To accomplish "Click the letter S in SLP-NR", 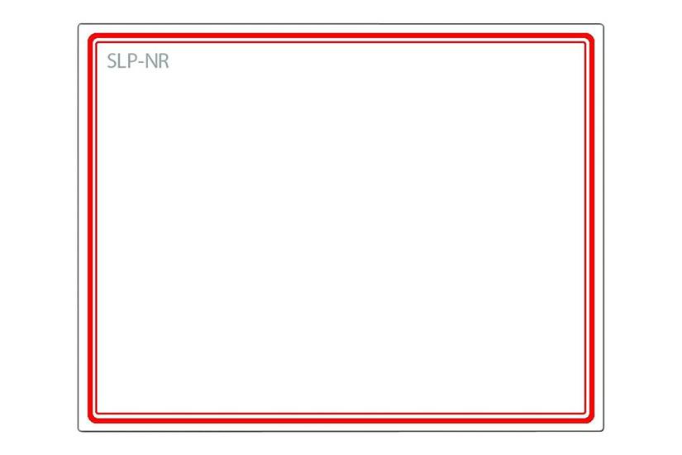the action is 112,61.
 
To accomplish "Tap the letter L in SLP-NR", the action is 122,61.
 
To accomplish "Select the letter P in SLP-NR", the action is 131,61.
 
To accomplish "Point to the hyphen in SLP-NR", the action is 141,63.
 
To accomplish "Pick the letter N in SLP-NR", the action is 150,61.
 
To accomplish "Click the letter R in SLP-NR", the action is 164,61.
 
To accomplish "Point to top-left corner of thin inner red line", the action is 96,43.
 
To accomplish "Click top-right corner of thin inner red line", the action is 585,43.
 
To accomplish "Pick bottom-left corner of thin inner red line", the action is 96,413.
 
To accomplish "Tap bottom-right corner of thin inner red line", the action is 585,413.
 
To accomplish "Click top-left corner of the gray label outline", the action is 79,25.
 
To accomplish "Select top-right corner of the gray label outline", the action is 603,25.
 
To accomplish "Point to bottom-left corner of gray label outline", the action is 79,431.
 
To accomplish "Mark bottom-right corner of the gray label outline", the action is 603,431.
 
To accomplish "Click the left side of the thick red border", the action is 90,227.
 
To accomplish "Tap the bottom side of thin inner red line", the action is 341,413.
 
